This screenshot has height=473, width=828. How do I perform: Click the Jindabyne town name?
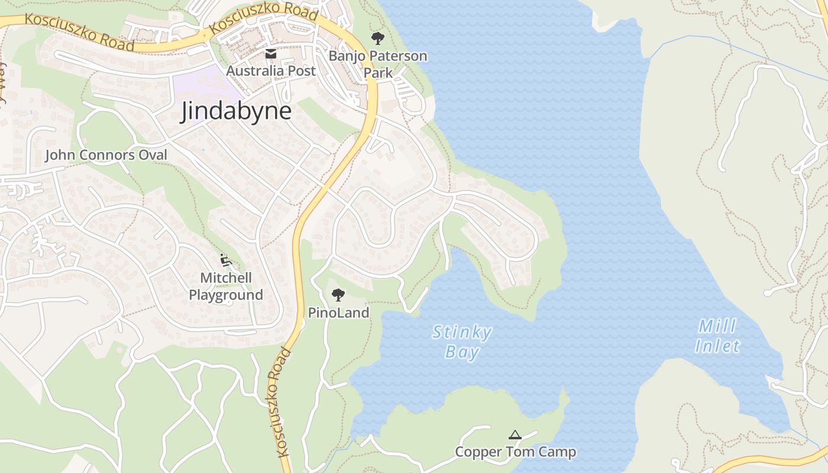coord(236,111)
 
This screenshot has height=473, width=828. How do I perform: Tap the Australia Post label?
coord(271,71)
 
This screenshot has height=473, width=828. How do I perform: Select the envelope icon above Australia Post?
coord(271,54)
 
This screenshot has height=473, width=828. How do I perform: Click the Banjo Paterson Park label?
coord(378,64)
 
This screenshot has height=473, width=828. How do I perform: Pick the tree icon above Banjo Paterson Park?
coord(377,39)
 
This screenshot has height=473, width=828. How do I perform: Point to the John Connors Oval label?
coord(106,155)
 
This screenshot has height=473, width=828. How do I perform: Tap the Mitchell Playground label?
coord(226,286)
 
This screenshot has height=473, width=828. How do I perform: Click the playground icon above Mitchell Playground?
coord(225,260)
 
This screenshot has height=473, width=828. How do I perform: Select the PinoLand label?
coord(338,313)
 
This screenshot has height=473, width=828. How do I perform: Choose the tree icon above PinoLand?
coord(338,294)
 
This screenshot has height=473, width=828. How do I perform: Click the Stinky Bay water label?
coord(462,342)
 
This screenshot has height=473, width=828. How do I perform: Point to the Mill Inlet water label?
coord(717,336)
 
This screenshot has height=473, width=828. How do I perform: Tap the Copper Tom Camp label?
coord(515,452)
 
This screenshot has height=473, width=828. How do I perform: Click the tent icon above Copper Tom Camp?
coord(515,435)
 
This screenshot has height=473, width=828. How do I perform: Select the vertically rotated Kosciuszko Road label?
coord(282,402)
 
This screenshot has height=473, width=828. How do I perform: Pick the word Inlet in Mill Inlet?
coord(717,346)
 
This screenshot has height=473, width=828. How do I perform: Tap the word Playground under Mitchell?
coord(226,295)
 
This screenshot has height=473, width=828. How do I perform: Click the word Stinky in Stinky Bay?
coord(462,332)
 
